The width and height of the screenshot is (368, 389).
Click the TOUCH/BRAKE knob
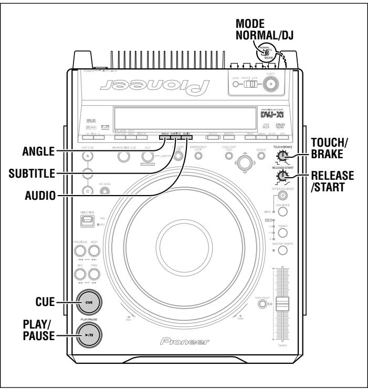point(283,155)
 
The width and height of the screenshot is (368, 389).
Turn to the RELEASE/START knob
point(283,177)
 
